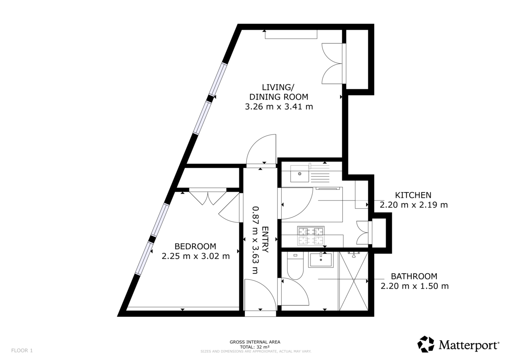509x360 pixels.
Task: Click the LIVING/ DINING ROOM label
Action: point(278,92)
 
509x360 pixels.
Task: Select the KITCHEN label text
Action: point(413,195)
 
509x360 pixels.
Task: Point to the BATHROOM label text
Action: point(414,276)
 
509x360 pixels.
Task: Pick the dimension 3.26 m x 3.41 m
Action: point(279,107)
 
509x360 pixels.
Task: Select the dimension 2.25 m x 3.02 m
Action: point(196,256)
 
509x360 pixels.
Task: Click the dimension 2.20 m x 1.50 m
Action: point(414,286)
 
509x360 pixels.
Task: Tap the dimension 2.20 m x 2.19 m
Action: point(414,205)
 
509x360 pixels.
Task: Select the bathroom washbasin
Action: point(321,259)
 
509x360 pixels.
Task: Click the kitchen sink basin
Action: point(300,173)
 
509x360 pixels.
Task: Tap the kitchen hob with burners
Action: point(311,236)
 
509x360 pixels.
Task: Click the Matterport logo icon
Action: point(426,344)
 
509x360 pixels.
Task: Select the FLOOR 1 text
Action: point(22,350)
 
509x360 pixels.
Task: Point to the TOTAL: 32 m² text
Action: point(255,346)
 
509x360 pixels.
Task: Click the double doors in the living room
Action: point(333,64)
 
